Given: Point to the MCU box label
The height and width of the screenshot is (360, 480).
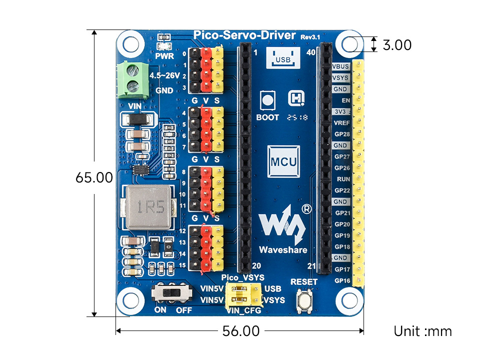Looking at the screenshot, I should tap(283, 162).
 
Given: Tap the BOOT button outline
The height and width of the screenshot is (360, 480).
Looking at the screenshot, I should tap(268, 100).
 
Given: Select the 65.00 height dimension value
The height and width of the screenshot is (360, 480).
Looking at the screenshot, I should tap(94, 177).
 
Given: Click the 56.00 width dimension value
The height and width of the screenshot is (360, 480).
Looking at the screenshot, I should tap(240, 331).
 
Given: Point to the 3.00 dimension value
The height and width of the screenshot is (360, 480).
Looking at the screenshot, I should tap(397, 45).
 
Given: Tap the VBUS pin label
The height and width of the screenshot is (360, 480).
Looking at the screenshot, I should tap(341, 66).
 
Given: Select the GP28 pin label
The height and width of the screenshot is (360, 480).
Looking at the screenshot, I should tap(342, 134).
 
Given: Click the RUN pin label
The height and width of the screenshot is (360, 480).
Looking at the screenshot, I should tap(343, 179).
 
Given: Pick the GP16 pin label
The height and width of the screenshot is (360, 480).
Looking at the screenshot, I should tap(342, 280).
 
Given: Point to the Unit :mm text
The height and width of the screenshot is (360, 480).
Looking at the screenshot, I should tap(422, 331).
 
